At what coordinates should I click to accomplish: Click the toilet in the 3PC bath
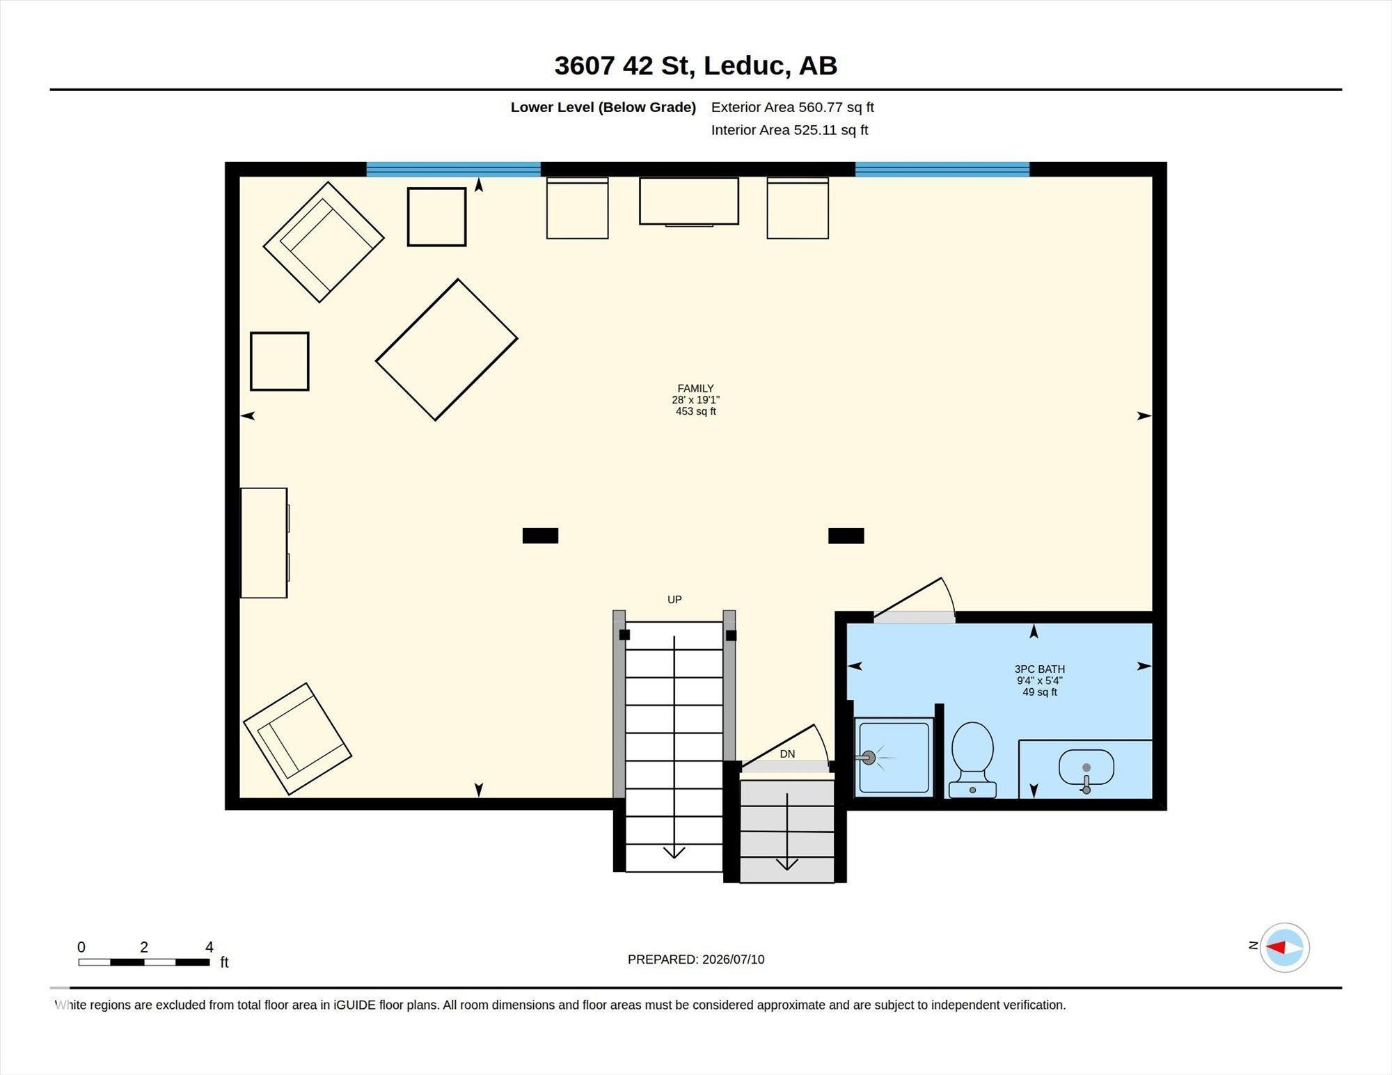[972, 760]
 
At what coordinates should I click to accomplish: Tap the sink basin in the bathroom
[1086, 768]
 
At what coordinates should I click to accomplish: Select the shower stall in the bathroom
[894, 758]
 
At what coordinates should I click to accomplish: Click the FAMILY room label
[695, 388]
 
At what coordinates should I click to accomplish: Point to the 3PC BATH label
[1039, 669]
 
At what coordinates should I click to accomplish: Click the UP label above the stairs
[674, 600]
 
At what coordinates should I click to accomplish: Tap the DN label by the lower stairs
[787, 754]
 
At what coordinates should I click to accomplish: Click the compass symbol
[1284, 947]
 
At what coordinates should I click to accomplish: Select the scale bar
[144, 962]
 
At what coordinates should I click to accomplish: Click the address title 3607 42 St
[695, 65]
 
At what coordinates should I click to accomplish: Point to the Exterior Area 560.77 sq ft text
[792, 107]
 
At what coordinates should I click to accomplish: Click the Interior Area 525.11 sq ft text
[789, 130]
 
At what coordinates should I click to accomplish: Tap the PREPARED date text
[696, 959]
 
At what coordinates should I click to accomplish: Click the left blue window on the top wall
[454, 169]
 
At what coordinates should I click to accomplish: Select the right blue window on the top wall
[942, 169]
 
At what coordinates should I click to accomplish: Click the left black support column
[540, 536]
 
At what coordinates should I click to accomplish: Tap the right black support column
[846, 536]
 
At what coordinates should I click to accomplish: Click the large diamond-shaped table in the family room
[446, 350]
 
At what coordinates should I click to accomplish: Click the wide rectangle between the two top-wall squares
[689, 201]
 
